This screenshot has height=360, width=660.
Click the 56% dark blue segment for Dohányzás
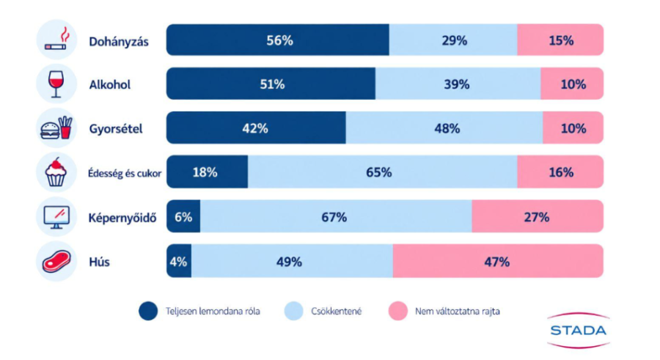click(x=278, y=40)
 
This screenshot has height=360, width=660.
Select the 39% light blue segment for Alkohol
click(x=458, y=84)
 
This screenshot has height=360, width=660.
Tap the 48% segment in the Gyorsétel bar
click(x=444, y=128)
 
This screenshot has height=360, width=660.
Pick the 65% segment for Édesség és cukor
click(x=383, y=172)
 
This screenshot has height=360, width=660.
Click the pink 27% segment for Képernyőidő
click(x=538, y=216)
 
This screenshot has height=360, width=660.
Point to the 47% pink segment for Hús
click(x=498, y=261)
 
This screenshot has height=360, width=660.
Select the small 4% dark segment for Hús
click(x=179, y=261)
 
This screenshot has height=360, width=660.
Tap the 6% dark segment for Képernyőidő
click(x=183, y=216)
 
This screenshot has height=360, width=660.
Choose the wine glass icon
click(x=56, y=84)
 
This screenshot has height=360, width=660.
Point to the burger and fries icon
click(x=56, y=128)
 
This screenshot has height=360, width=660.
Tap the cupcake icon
click(x=56, y=172)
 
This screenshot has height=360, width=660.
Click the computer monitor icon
click(x=56, y=217)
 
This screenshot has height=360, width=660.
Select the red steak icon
click(x=56, y=261)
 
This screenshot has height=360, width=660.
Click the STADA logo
click(x=579, y=331)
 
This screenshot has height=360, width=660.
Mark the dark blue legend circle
click(x=148, y=311)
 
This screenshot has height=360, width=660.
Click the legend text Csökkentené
click(x=337, y=312)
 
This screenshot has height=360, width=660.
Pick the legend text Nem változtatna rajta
click(x=458, y=312)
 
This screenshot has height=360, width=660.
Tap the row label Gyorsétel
click(x=116, y=129)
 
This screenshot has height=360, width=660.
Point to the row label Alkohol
click(x=110, y=84)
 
